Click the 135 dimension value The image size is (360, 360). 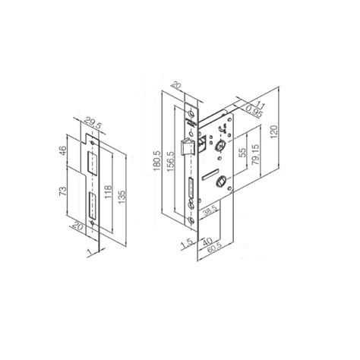[x=124, y=189]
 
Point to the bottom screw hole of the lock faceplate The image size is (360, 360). [x=191, y=218]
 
